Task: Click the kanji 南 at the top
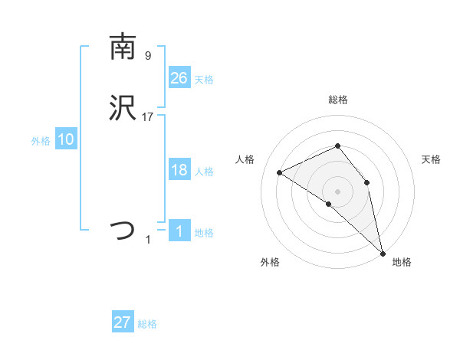tap(123, 47)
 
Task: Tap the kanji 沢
tap(123, 109)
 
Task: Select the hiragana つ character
tap(123, 230)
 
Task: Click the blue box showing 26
tap(179, 77)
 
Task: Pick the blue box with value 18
tap(179, 170)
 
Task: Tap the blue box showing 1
tap(179, 231)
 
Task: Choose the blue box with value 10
tap(65, 139)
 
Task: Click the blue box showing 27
tap(122, 322)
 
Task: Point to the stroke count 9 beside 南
tap(148, 56)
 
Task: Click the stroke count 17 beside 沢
tap(148, 117)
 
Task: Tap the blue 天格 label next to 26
tap(204, 80)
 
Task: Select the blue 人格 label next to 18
tap(204, 172)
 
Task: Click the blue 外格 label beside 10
tap(41, 141)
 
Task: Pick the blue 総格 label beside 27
tap(147, 324)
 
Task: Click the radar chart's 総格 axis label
tap(338, 100)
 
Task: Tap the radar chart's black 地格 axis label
tap(402, 262)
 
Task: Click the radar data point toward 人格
tap(280, 172)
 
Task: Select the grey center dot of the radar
tap(337, 191)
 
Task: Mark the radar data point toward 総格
tap(337, 146)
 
